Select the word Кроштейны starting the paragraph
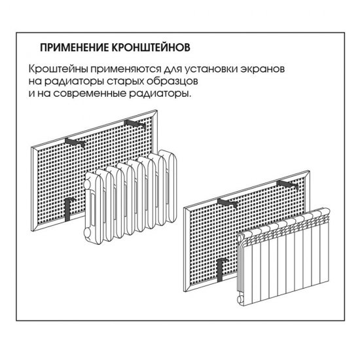point(56,69)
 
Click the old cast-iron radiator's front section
point(98,206)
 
